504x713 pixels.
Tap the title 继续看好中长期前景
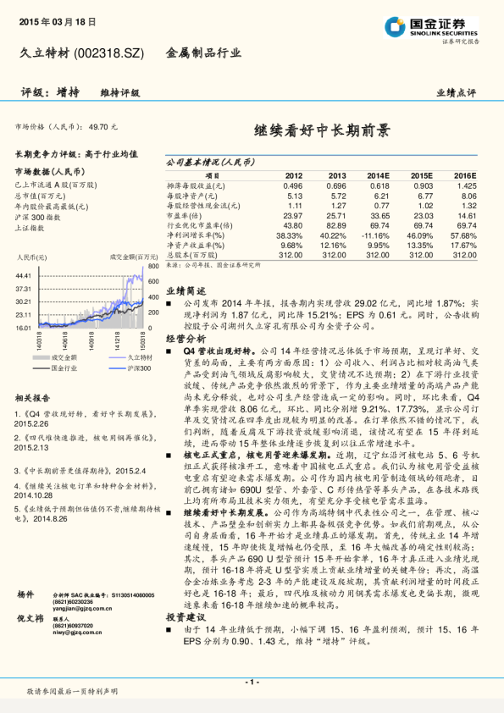[x=322, y=131]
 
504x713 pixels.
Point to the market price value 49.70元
[x=103, y=127]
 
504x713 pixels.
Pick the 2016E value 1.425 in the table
[x=467, y=185]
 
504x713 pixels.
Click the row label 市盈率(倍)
[x=184, y=215]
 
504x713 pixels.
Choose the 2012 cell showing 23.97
[x=292, y=215]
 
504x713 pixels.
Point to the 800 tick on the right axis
[x=153, y=267]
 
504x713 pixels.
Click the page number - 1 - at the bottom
[x=252, y=682]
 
